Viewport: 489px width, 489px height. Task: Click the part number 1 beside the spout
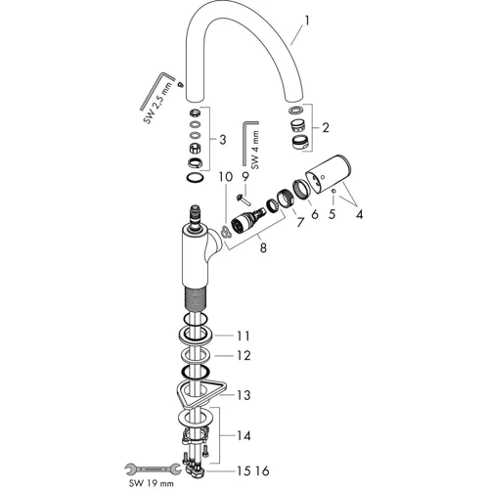tap(306, 22)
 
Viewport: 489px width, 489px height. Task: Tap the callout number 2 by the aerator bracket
tap(325, 128)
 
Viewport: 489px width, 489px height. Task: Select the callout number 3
tap(222, 140)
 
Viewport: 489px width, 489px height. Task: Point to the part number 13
tap(243, 395)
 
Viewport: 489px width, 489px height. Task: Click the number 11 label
tap(243, 335)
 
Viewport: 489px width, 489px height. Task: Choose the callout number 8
tap(263, 248)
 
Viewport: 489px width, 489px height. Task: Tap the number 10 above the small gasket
tap(226, 177)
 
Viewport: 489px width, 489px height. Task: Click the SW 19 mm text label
tap(151, 483)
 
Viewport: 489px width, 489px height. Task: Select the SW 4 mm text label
tap(256, 150)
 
